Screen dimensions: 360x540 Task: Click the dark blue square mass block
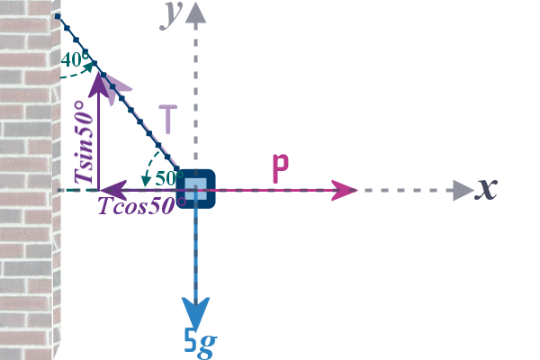(196, 189)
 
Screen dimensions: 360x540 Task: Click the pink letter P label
(281, 168)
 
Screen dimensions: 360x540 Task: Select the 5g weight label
(200, 340)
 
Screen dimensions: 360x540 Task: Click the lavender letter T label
(168, 119)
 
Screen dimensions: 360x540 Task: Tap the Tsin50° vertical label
(84, 144)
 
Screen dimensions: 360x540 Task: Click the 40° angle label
(76, 60)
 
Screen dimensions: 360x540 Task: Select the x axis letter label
(487, 188)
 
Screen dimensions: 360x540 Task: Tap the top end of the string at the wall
(57, 16)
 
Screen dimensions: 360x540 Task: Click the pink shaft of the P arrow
(270, 190)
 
